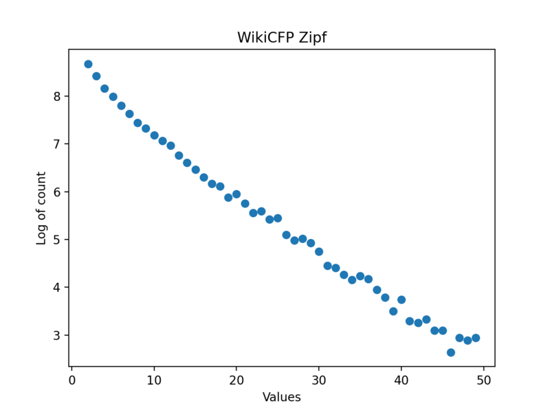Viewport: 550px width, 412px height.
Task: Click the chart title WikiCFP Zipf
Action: pyautogui.click(x=282, y=38)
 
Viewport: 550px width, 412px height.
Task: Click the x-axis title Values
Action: pyautogui.click(x=282, y=397)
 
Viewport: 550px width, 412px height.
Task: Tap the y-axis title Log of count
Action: pyautogui.click(x=42, y=208)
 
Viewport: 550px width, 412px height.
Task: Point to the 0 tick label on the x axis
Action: pyautogui.click(x=71, y=379)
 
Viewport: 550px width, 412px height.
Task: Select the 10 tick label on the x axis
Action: pyautogui.click(x=154, y=379)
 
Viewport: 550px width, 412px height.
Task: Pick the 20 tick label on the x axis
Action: pyautogui.click(x=236, y=379)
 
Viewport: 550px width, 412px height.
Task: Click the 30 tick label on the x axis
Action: pyautogui.click(x=319, y=379)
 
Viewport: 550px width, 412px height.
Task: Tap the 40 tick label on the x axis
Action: pyautogui.click(x=401, y=379)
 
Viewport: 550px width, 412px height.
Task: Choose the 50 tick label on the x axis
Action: pyautogui.click(x=484, y=379)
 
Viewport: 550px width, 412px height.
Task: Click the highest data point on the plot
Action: pyautogui.click(x=88, y=64)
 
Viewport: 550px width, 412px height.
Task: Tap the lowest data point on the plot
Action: pyautogui.click(x=451, y=352)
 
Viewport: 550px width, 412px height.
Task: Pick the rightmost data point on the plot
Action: pyautogui.click(x=476, y=338)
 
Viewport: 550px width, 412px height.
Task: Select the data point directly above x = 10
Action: pyautogui.click(x=154, y=135)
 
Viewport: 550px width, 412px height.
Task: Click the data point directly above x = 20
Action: pyautogui.click(x=236, y=194)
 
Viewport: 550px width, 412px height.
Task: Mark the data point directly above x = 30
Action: pyautogui.click(x=319, y=251)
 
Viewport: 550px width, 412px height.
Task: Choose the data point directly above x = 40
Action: pyautogui.click(x=401, y=299)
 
